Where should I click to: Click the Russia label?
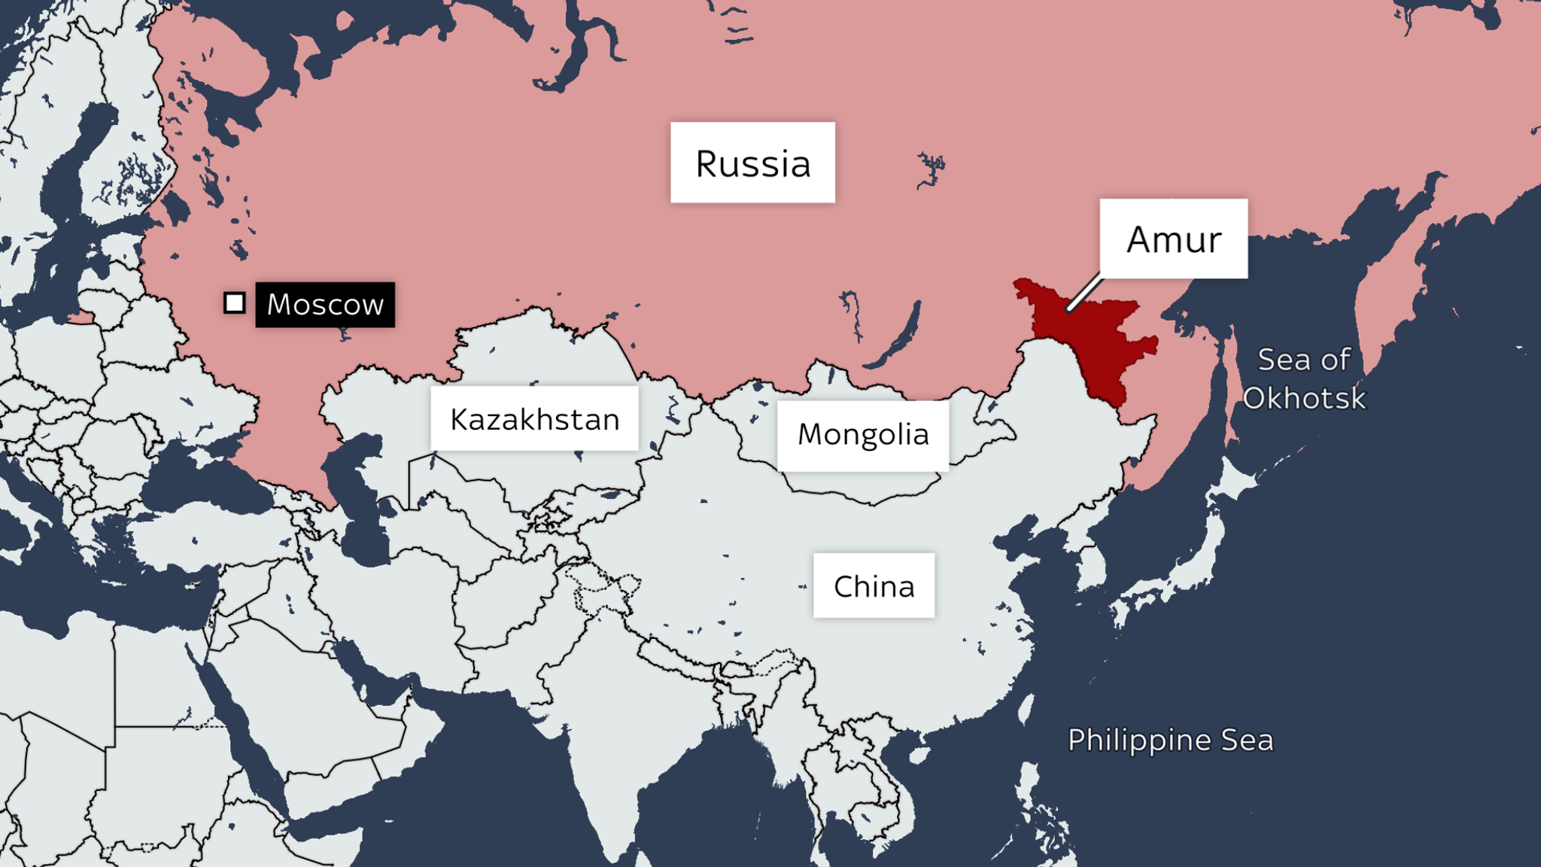[752, 163]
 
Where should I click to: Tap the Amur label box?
[1173, 239]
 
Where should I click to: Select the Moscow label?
[325, 304]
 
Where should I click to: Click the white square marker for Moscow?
[235, 303]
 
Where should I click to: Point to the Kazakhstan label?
[534, 418]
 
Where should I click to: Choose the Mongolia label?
[863, 435]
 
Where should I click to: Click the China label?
[874, 586]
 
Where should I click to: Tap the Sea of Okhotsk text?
[1304, 379]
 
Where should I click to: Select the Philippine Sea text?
[1170, 740]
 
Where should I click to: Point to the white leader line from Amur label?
[1084, 293]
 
